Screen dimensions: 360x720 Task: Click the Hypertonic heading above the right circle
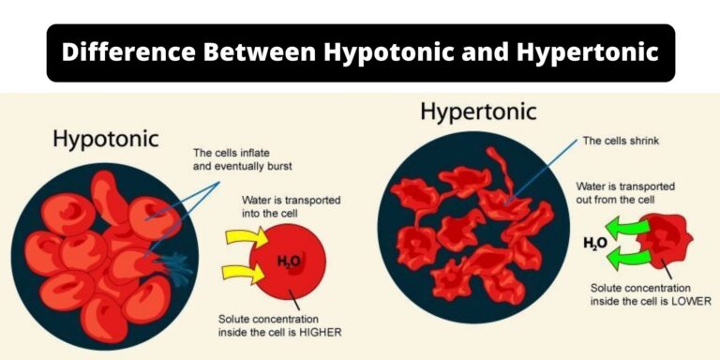tap(478, 112)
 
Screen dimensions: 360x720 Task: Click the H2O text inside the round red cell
tap(288, 261)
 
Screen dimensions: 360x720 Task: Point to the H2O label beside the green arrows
tap(595, 244)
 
